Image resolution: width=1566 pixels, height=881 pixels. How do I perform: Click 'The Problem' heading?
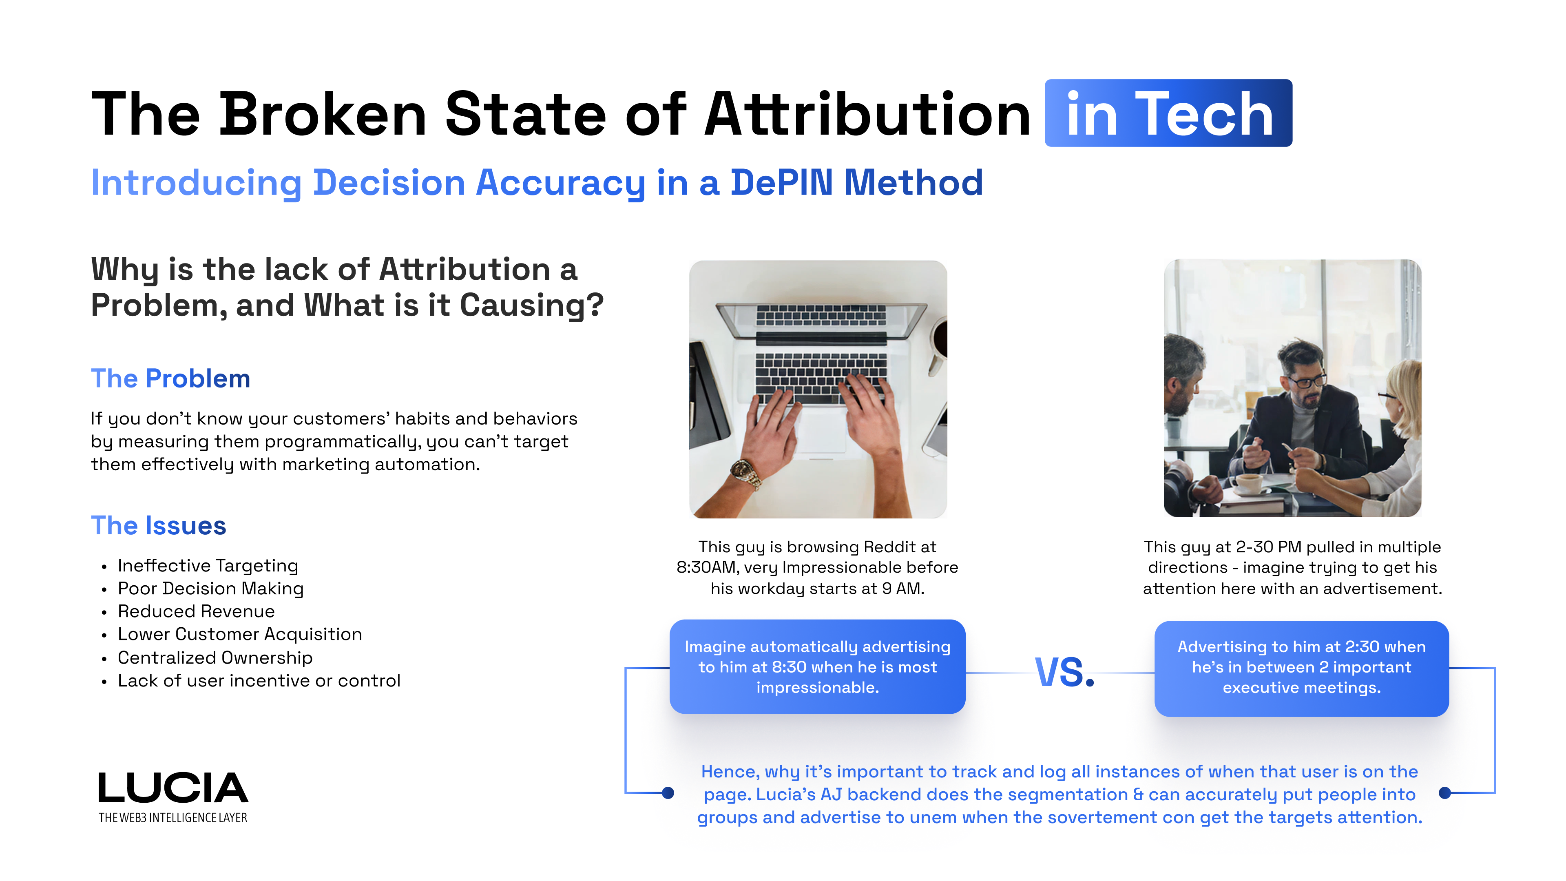pyautogui.click(x=170, y=379)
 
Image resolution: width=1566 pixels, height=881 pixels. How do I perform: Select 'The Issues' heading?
pyautogui.click(x=159, y=526)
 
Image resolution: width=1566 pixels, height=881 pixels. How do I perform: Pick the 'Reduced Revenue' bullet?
pyautogui.click(x=196, y=612)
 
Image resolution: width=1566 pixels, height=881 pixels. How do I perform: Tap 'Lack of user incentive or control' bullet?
pyautogui.click(x=259, y=681)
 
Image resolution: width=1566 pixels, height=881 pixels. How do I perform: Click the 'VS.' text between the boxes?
pyautogui.click(x=1064, y=673)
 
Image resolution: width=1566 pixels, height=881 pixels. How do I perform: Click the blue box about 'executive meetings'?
pyautogui.click(x=1301, y=668)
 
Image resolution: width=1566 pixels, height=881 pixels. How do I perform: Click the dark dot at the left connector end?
pyautogui.click(x=668, y=793)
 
